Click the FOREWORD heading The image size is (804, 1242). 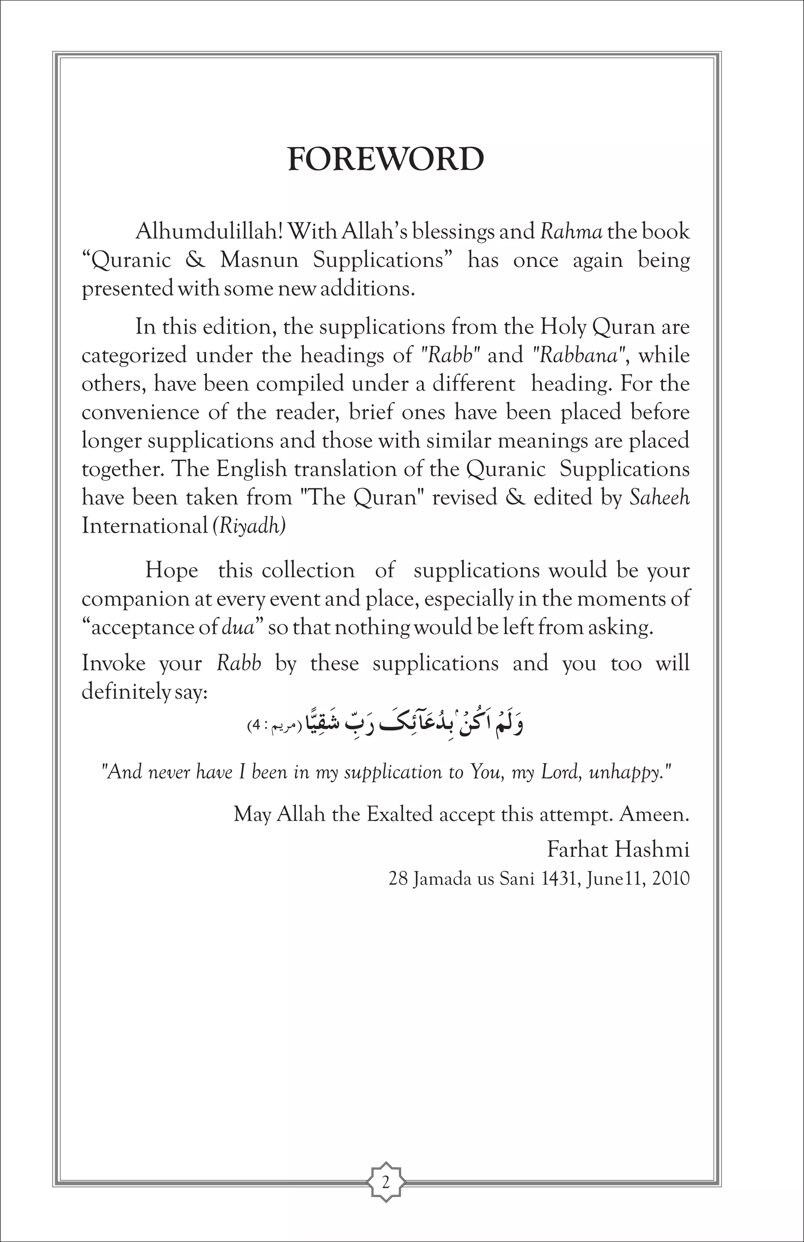pyautogui.click(x=386, y=160)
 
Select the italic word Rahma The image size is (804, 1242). pyautogui.click(x=571, y=231)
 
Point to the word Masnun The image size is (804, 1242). pyautogui.click(x=259, y=260)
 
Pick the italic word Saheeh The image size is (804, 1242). pyautogui.click(x=660, y=497)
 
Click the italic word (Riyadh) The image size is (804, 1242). pyautogui.click(x=249, y=526)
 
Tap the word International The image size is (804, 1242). pyautogui.click(x=144, y=526)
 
